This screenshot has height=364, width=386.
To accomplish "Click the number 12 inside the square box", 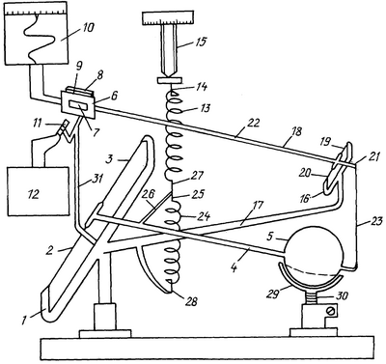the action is pyautogui.click(x=34, y=194).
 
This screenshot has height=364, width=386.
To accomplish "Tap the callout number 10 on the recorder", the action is pyautogui.click(x=85, y=28).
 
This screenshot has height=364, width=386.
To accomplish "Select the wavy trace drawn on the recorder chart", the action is pyautogui.click(x=37, y=38).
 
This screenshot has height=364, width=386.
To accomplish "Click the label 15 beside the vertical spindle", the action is pyautogui.click(x=200, y=42).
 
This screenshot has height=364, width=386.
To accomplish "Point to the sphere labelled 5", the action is pyautogui.click(x=313, y=250).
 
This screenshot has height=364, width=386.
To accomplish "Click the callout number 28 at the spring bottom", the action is pyautogui.click(x=190, y=301).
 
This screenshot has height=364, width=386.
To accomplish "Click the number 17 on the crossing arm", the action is pyautogui.click(x=258, y=205).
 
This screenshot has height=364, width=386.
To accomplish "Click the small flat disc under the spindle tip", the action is pyautogui.click(x=170, y=80).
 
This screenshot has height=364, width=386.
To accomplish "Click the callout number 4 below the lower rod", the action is pyautogui.click(x=234, y=266).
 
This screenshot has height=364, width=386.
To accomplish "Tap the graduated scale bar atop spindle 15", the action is pyautogui.click(x=168, y=17).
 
